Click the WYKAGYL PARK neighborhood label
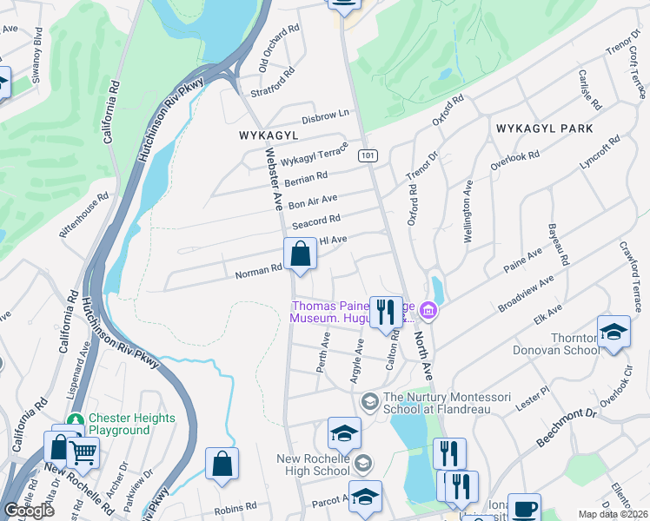point(544,129)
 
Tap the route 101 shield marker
point(368,155)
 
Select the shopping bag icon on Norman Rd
point(300,255)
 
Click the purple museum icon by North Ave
point(428,310)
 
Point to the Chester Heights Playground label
point(118,424)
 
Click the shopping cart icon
point(83,452)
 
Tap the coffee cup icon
point(524,508)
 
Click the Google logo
point(29,511)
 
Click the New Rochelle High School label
point(313,465)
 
